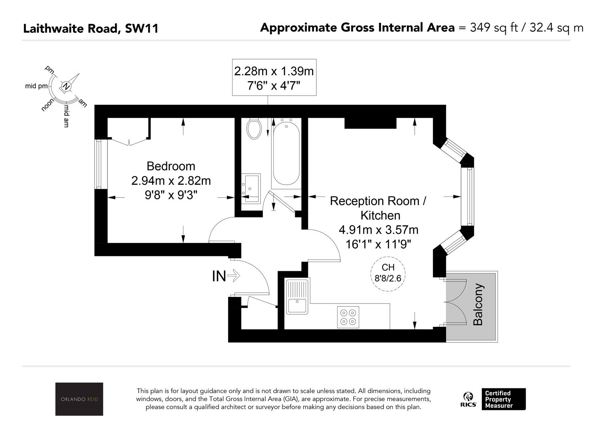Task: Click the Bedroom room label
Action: [x=171, y=166]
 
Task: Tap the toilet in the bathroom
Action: [x=254, y=129]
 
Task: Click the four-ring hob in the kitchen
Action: [x=348, y=317]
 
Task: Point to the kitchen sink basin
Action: [x=297, y=306]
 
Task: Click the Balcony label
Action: [x=478, y=304]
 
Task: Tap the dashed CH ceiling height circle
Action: [x=388, y=274]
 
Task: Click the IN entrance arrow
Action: [x=234, y=276]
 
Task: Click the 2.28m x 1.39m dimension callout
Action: [x=274, y=77]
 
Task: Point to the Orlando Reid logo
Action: [x=79, y=399]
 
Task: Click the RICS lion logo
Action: [x=468, y=399]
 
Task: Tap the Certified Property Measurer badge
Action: [x=503, y=399]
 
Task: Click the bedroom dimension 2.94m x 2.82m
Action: [x=171, y=181]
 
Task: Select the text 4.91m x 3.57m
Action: [x=378, y=230]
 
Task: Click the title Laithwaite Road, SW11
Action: [x=91, y=28]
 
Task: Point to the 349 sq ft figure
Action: [x=494, y=28]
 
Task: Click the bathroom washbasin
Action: [x=251, y=188]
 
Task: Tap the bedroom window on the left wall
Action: [x=98, y=164]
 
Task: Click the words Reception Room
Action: [x=374, y=201]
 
